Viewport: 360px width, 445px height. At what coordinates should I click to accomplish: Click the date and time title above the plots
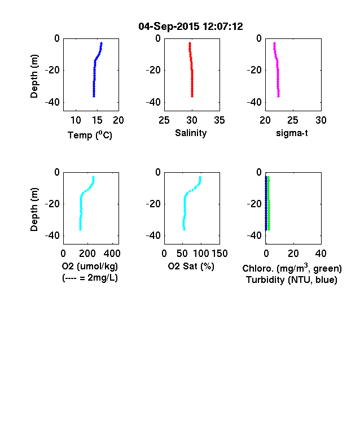(191, 27)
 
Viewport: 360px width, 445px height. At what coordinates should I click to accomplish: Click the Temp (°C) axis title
(90, 135)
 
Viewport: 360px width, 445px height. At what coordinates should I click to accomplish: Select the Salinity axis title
(191, 133)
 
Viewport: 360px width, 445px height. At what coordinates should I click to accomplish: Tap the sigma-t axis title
(292, 133)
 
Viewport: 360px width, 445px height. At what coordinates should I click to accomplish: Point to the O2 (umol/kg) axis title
(90, 266)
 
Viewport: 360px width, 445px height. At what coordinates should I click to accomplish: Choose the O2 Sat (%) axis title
(191, 266)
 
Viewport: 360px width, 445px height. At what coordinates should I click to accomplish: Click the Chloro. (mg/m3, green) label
(292, 268)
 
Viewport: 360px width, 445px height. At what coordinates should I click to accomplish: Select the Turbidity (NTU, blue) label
(292, 280)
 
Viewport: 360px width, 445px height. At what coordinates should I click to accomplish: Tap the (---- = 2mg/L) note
(90, 277)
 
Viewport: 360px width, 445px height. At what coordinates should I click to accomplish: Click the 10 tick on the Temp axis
(76, 120)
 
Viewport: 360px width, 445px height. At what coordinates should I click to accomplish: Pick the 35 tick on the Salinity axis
(219, 120)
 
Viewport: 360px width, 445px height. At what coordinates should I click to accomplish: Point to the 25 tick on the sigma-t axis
(292, 120)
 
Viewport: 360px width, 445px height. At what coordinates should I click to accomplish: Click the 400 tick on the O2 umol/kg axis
(112, 254)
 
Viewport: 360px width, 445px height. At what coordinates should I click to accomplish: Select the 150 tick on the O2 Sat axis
(219, 254)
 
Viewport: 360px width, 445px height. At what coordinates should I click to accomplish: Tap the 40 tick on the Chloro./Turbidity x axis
(321, 254)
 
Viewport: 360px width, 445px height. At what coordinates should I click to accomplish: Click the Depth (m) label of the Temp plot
(34, 76)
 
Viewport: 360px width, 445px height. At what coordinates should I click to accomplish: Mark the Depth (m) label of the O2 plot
(34, 210)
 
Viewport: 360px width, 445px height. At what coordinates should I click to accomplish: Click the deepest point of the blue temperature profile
(94, 96)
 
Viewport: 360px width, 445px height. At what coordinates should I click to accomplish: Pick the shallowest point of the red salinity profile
(190, 43)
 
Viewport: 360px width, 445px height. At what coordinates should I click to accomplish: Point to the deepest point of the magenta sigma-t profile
(278, 96)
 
